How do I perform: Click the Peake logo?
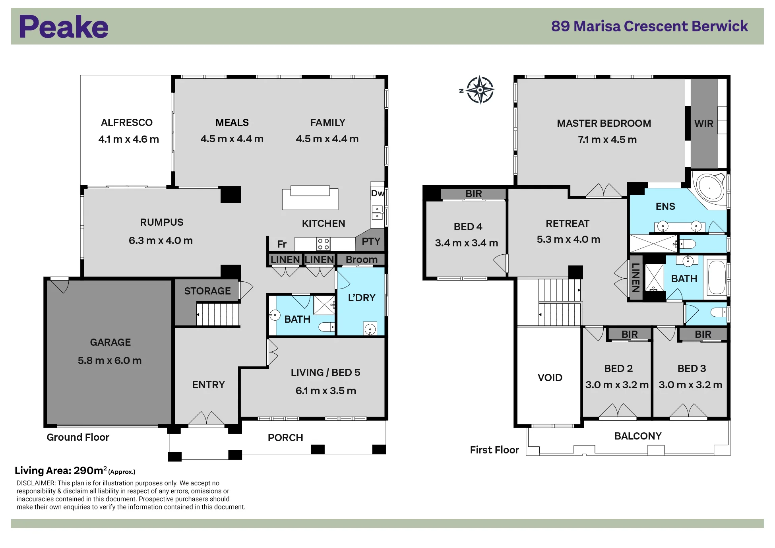64,27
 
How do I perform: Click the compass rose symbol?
480,90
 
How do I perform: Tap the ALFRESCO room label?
127,122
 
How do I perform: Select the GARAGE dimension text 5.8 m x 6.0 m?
110,360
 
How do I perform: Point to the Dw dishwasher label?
377,193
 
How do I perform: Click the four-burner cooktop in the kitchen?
324,244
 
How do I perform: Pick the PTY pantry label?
371,241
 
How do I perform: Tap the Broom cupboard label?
361,259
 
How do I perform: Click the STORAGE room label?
207,291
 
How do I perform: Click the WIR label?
704,124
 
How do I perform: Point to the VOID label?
550,378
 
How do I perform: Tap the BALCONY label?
638,436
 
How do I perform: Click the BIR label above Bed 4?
474,194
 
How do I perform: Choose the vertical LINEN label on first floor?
635,278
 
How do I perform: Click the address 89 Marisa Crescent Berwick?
649,26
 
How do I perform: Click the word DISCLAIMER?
36,483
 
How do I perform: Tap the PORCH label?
285,438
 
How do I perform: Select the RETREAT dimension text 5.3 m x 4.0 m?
568,239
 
